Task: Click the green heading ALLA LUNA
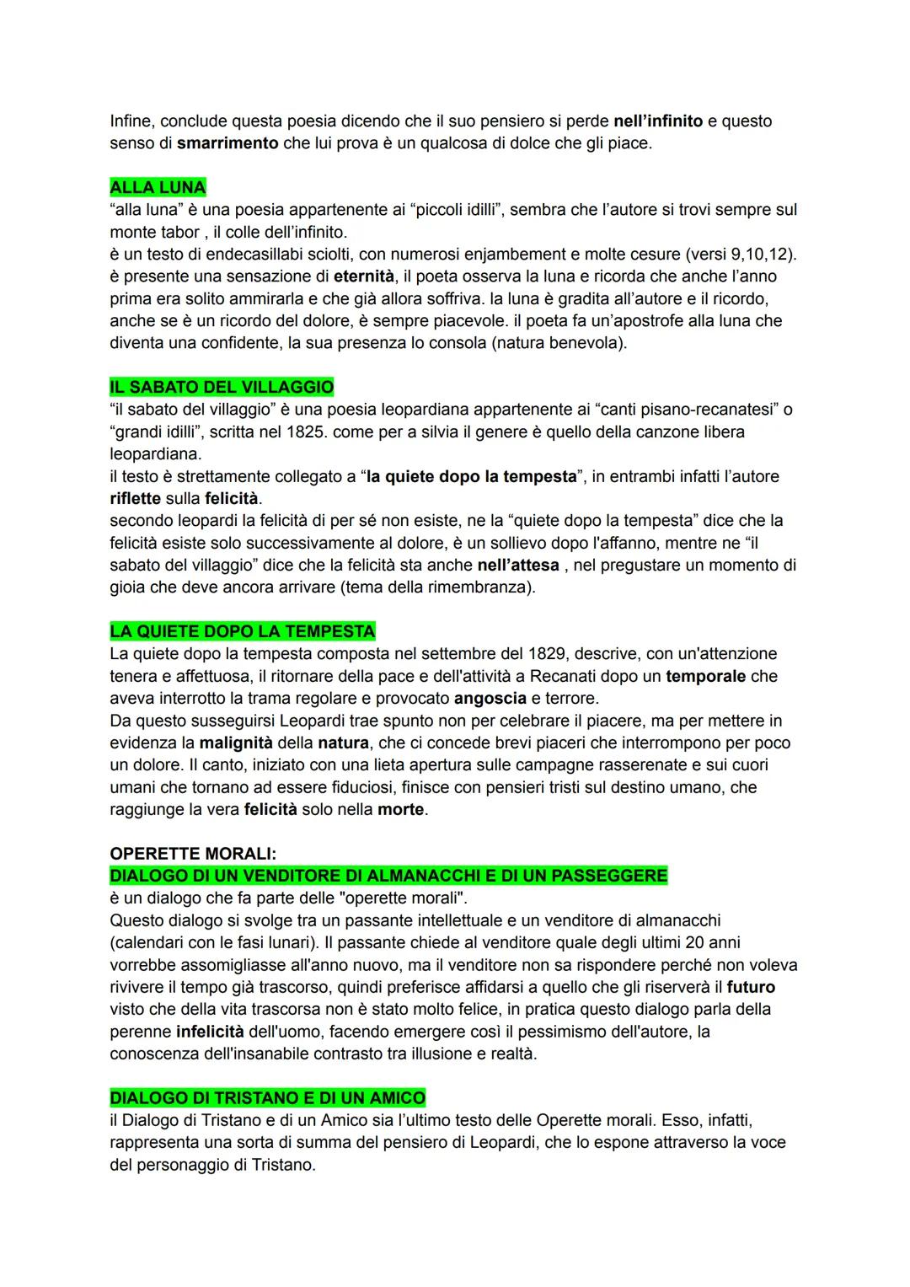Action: (158, 187)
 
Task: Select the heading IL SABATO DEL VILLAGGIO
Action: (222, 388)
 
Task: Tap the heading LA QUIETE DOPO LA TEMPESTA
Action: (243, 631)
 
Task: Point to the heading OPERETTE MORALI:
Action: (193, 854)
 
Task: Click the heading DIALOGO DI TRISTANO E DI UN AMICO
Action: (267, 1098)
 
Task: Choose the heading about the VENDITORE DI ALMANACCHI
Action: (388, 876)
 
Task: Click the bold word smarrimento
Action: (227, 143)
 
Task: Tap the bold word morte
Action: (401, 810)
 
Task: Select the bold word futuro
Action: (751, 987)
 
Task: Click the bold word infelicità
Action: (210, 1032)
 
